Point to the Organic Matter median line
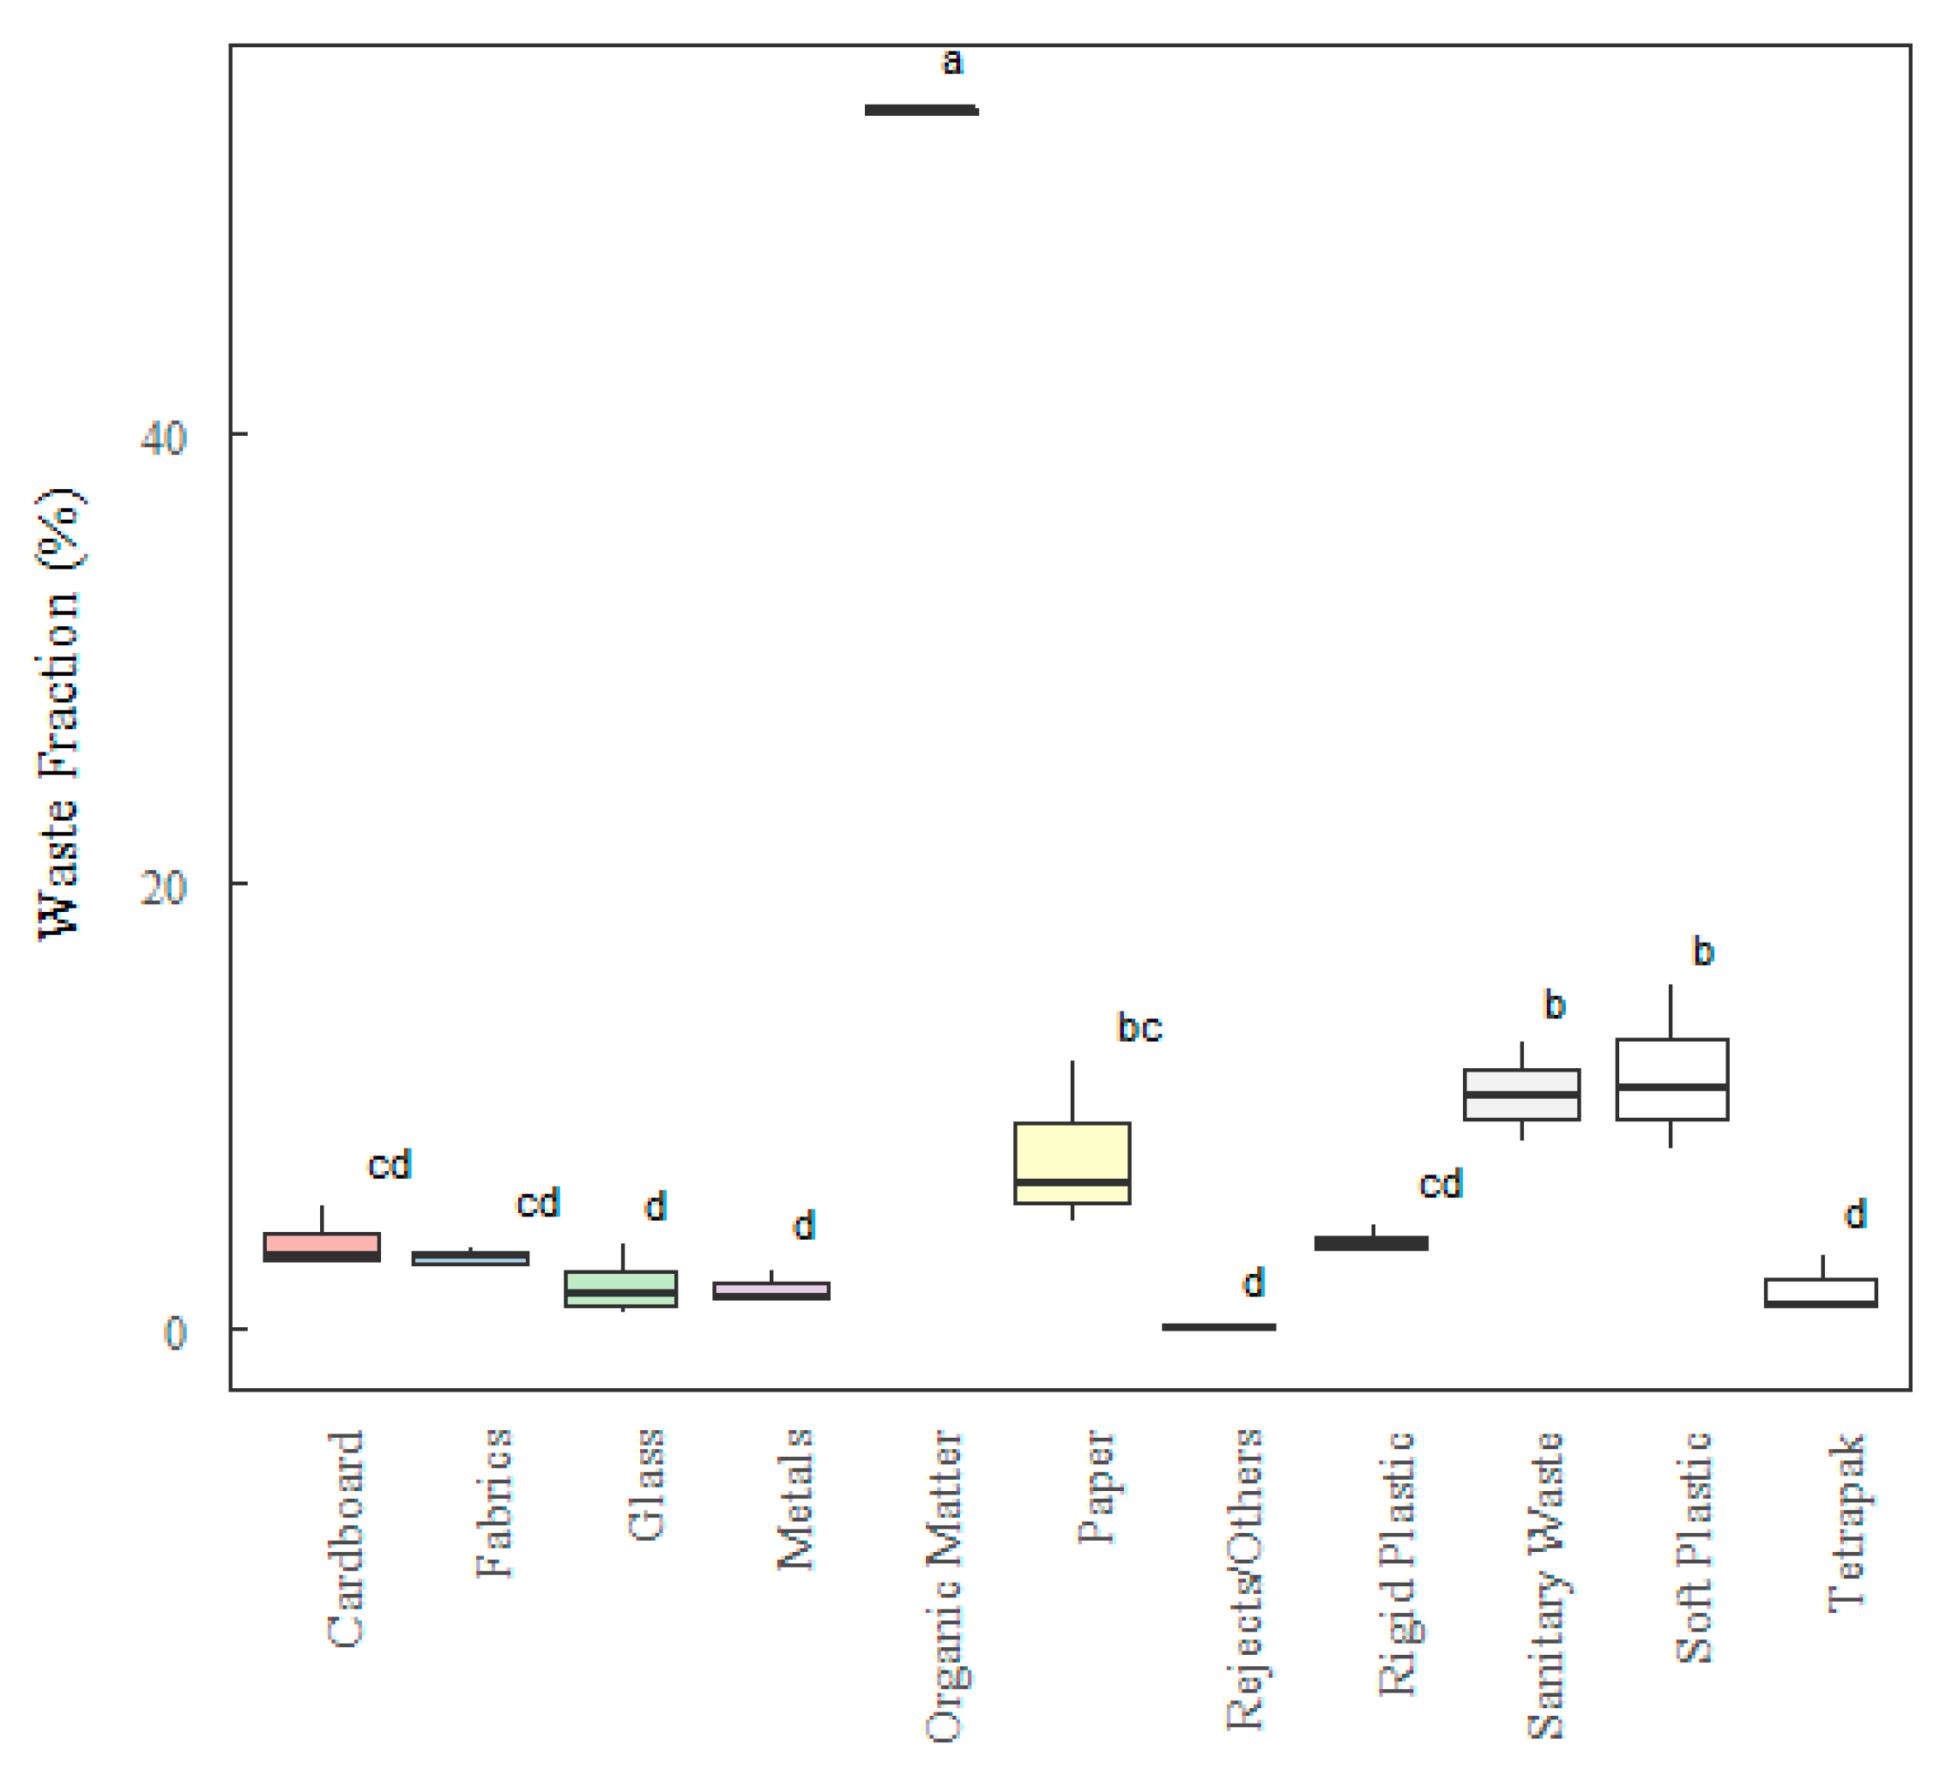point(921,111)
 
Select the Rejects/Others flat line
point(1219,1327)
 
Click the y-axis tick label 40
point(163,438)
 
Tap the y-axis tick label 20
point(163,886)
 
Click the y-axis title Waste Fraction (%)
point(60,715)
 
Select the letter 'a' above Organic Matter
point(952,62)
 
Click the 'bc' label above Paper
point(1139,1028)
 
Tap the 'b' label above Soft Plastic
point(1703,951)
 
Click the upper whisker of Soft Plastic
point(1671,1011)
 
